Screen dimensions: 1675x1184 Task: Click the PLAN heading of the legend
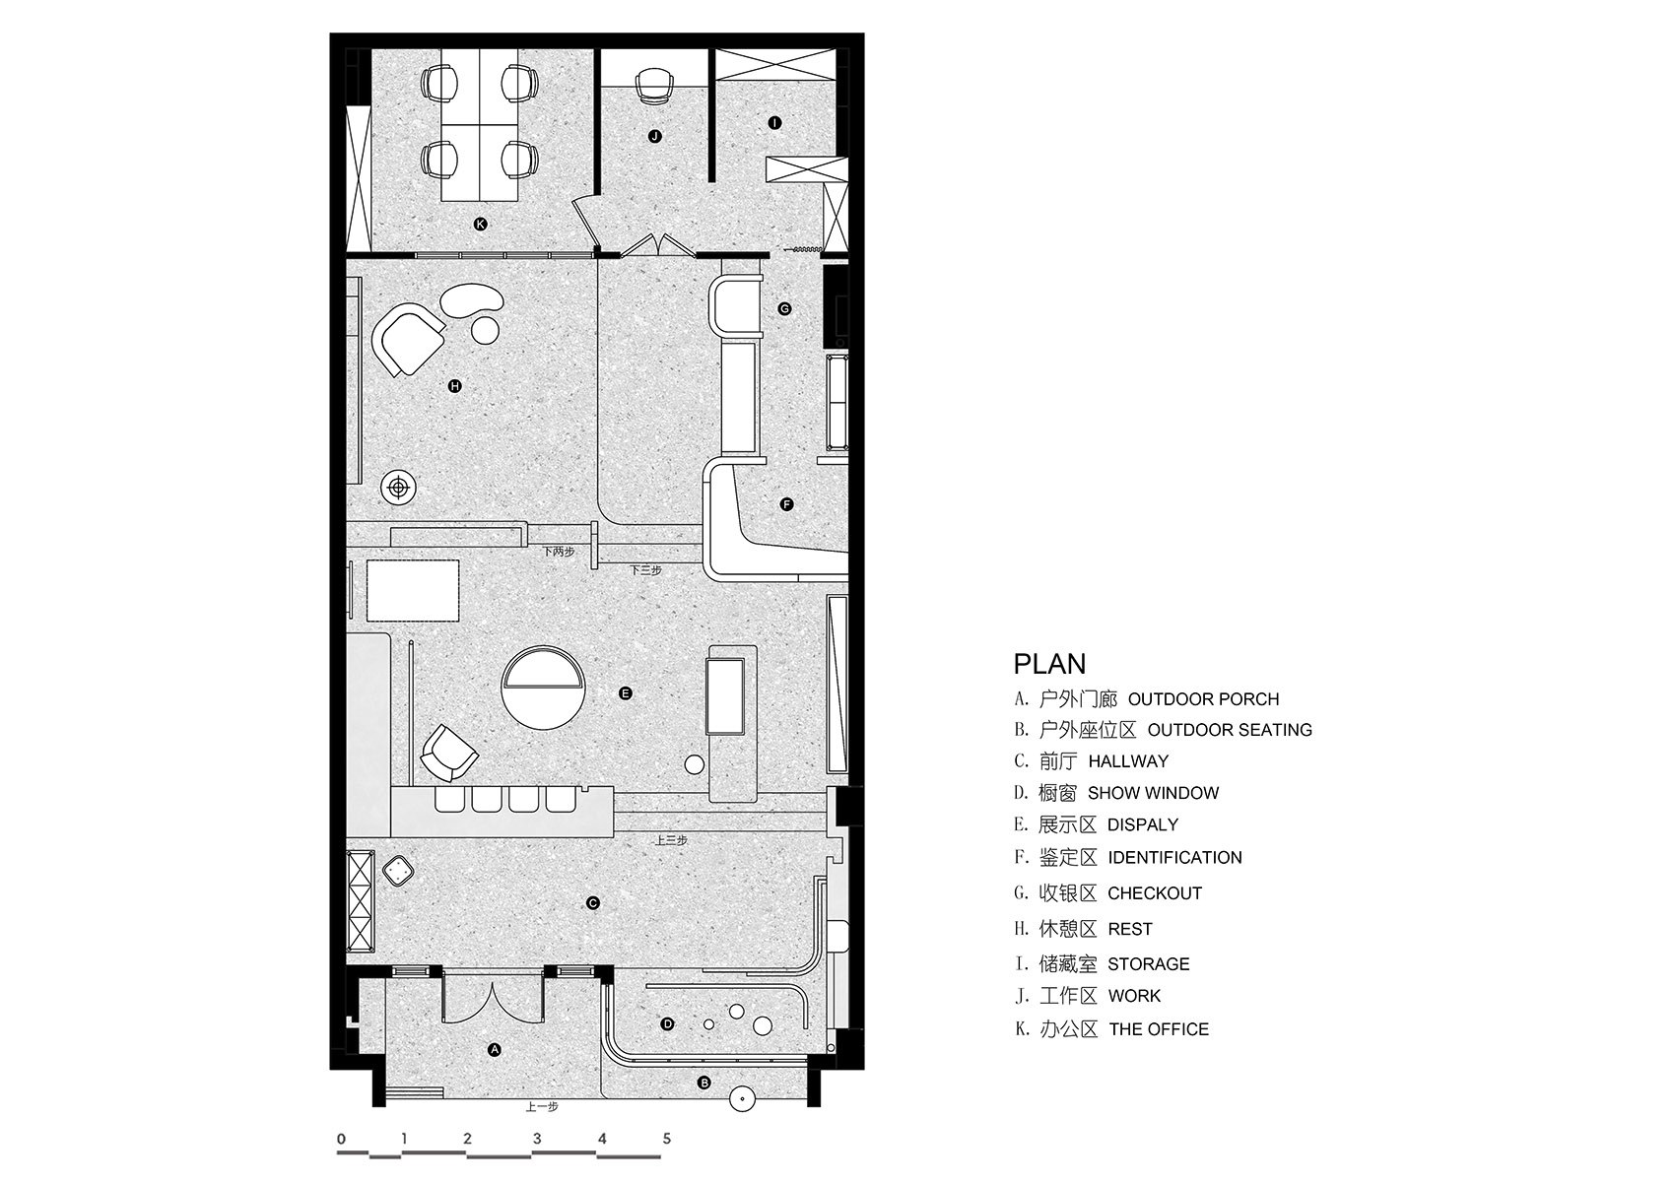[1049, 664]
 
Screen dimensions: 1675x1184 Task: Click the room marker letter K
[481, 225]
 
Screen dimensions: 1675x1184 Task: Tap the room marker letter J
[655, 137]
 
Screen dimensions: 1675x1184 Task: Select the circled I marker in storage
[774, 122]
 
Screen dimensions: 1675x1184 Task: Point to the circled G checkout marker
[784, 308]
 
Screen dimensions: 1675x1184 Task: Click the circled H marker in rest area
[454, 386]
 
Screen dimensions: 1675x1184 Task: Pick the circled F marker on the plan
[786, 504]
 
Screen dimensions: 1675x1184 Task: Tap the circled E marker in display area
[626, 693]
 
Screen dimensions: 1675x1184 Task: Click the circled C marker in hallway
[593, 903]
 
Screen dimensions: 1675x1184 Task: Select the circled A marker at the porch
[494, 1050]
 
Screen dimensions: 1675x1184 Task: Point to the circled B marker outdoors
[703, 1083]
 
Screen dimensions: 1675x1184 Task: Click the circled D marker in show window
[668, 1024]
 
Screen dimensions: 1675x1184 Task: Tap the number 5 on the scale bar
[667, 1139]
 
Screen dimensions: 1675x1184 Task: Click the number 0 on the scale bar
[342, 1139]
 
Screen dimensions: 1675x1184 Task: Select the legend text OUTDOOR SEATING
[1230, 730]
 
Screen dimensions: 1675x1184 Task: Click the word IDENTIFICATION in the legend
[1174, 857]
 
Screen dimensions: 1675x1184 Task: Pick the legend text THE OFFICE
[1159, 1029]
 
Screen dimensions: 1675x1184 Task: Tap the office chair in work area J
[653, 85]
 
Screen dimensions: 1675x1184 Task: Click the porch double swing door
[493, 998]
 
